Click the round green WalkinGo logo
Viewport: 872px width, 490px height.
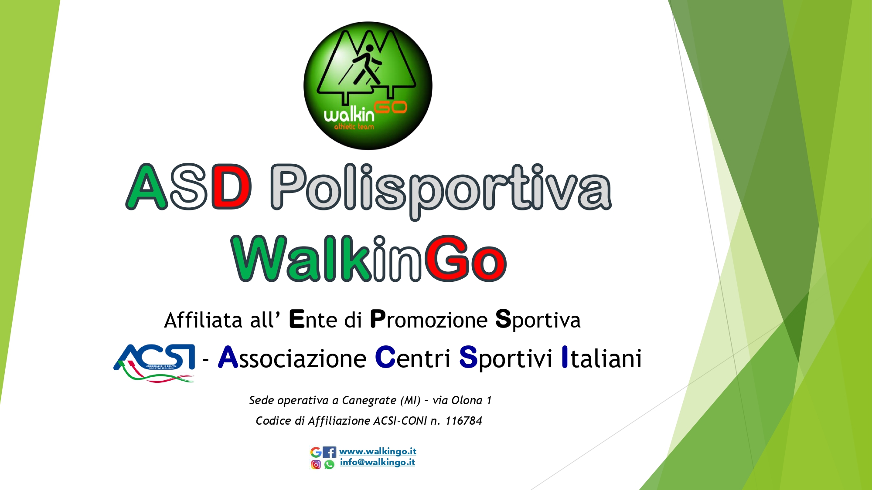368,86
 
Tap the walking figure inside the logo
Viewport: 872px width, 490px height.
368,64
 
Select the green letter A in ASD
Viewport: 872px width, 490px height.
146,187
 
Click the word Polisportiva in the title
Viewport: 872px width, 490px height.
441,191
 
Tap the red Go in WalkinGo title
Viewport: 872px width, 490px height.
465,258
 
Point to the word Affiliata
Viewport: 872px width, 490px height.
203,320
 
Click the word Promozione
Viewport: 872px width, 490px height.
429,320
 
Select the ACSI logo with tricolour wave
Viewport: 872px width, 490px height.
154,363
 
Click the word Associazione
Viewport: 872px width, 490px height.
292,358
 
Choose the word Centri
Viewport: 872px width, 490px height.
412,358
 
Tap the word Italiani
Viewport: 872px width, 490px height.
602,358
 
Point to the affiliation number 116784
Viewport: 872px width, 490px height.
463,421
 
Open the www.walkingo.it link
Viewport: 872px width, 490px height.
378,452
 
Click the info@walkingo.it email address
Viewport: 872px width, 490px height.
378,463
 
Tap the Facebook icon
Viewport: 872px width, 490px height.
330,452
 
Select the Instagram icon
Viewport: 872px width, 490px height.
316,464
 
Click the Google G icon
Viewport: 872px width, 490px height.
316,452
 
